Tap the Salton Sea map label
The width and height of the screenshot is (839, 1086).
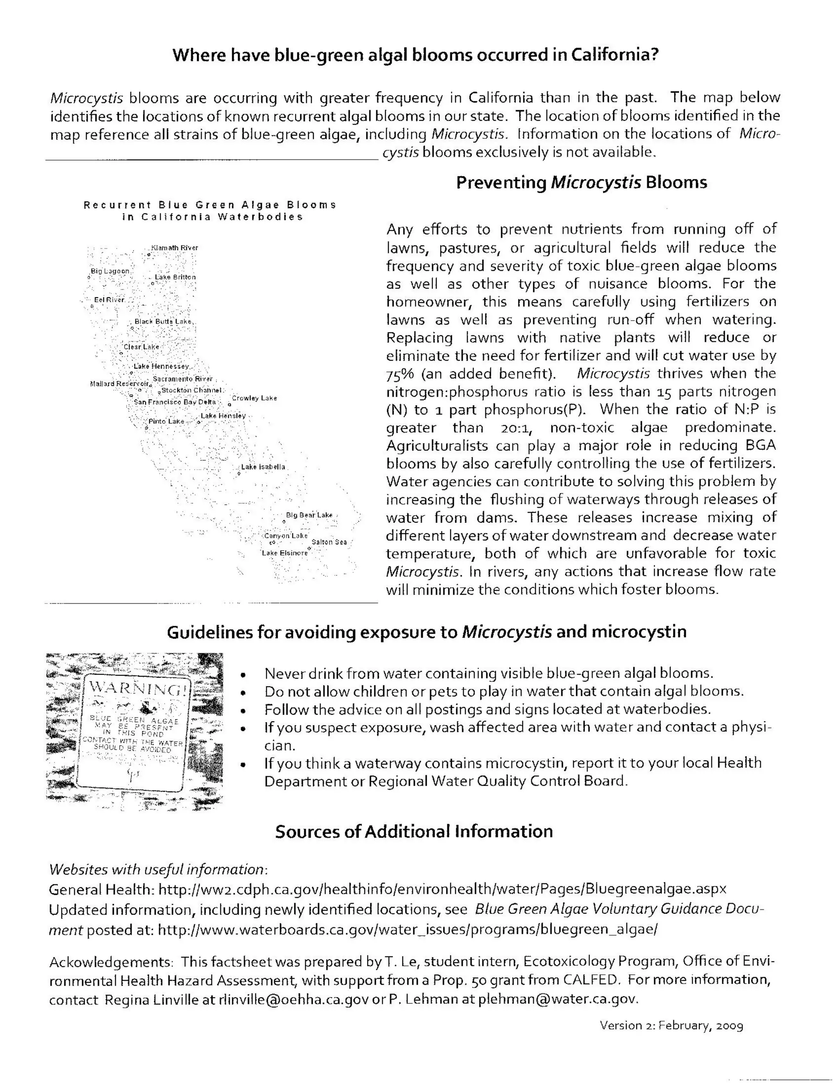point(329,542)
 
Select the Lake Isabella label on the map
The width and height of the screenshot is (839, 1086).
point(263,467)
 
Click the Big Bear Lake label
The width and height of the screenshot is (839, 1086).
point(309,515)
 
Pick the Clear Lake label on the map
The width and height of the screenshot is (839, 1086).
point(142,347)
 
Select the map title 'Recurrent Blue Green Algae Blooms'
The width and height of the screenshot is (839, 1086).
point(210,205)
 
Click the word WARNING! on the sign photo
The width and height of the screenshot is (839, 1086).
point(139,689)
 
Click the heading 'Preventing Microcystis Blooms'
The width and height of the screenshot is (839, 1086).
point(582,182)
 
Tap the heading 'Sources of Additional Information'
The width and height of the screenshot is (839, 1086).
point(414,832)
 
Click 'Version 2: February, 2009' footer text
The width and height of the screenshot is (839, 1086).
point(671,1025)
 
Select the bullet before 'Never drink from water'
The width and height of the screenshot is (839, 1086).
point(243,675)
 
